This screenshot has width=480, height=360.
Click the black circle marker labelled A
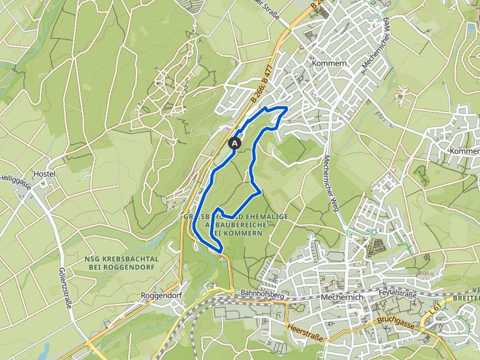235,142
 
